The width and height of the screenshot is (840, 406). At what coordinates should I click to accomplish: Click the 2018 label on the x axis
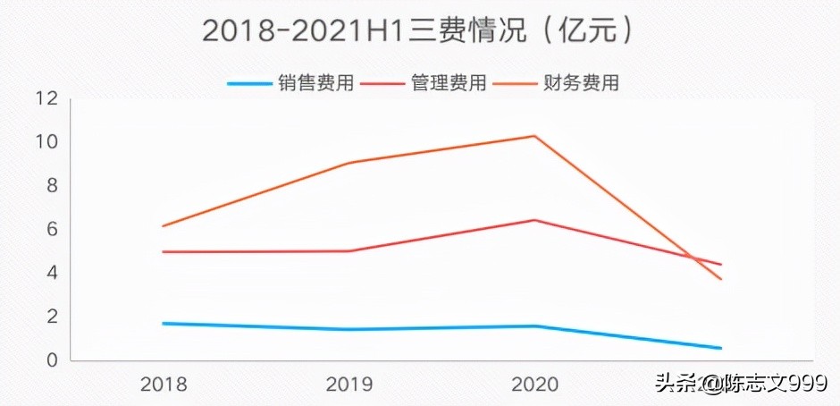click(164, 385)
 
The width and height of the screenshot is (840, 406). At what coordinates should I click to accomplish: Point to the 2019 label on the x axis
click(349, 385)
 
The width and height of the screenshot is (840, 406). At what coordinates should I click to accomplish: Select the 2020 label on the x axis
click(534, 385)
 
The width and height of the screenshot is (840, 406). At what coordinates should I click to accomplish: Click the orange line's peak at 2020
click(534, 136)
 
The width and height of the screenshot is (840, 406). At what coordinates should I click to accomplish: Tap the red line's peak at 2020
click(534, 220)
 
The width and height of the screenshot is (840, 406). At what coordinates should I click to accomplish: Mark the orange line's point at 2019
click(349, 163)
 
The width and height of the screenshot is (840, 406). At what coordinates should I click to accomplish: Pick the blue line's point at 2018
click(164, 323)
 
